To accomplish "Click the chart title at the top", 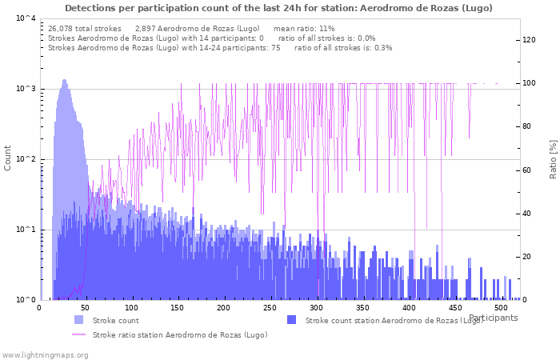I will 278,8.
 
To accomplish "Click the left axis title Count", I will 8,158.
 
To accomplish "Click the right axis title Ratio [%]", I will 552,158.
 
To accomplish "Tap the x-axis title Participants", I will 493,318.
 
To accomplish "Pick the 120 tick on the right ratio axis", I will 530,40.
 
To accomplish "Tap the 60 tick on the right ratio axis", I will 527,170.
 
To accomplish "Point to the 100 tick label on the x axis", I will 132,307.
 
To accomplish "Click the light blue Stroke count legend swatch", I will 78,320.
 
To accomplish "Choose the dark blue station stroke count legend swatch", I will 291,320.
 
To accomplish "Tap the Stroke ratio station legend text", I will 180,334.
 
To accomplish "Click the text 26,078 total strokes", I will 85,28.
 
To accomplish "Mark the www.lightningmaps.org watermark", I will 46,354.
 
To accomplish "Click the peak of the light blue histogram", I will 64,80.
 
